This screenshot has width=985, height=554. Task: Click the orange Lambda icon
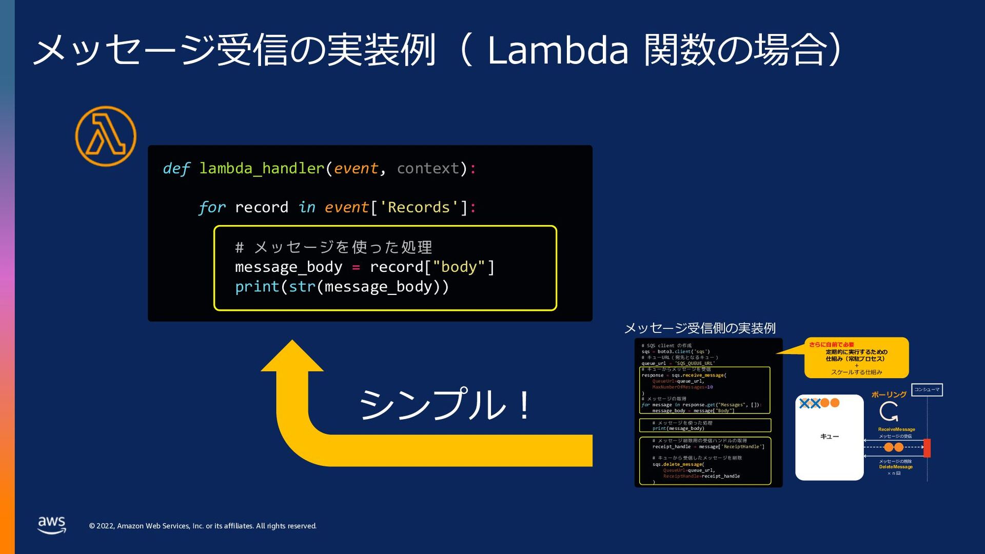click(x=106, y=136)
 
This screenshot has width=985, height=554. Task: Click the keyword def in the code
click(x=176, y=168)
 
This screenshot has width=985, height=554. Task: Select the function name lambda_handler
click(x=262, y=168)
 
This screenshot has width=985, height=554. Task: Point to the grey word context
click(x=428, y=168)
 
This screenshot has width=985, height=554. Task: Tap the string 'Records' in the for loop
click(x=419, y=207)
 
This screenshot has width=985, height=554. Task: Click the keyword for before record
click(x=212, y=207)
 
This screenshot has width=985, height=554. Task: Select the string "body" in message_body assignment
click(x=459, y=267)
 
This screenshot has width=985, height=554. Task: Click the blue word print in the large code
click(x=257, y=286)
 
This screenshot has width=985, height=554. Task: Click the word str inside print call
click(x=302, y=286)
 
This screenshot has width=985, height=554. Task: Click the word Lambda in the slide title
click(x=558, y=50)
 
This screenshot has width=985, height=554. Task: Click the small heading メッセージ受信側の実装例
click(x=699, y=328)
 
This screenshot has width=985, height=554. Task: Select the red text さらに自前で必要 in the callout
click(x=831, y=345)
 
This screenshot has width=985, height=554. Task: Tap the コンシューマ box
click(x=927, y=390)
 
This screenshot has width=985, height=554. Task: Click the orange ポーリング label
click(x=889, y=394)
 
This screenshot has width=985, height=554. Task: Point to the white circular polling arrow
click(x=889, y=411)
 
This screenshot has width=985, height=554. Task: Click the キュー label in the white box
click(x=829, y=437)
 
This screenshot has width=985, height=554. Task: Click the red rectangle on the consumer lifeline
click(x=927, y=448)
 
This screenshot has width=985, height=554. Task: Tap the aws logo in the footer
click(x=52, y=525)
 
